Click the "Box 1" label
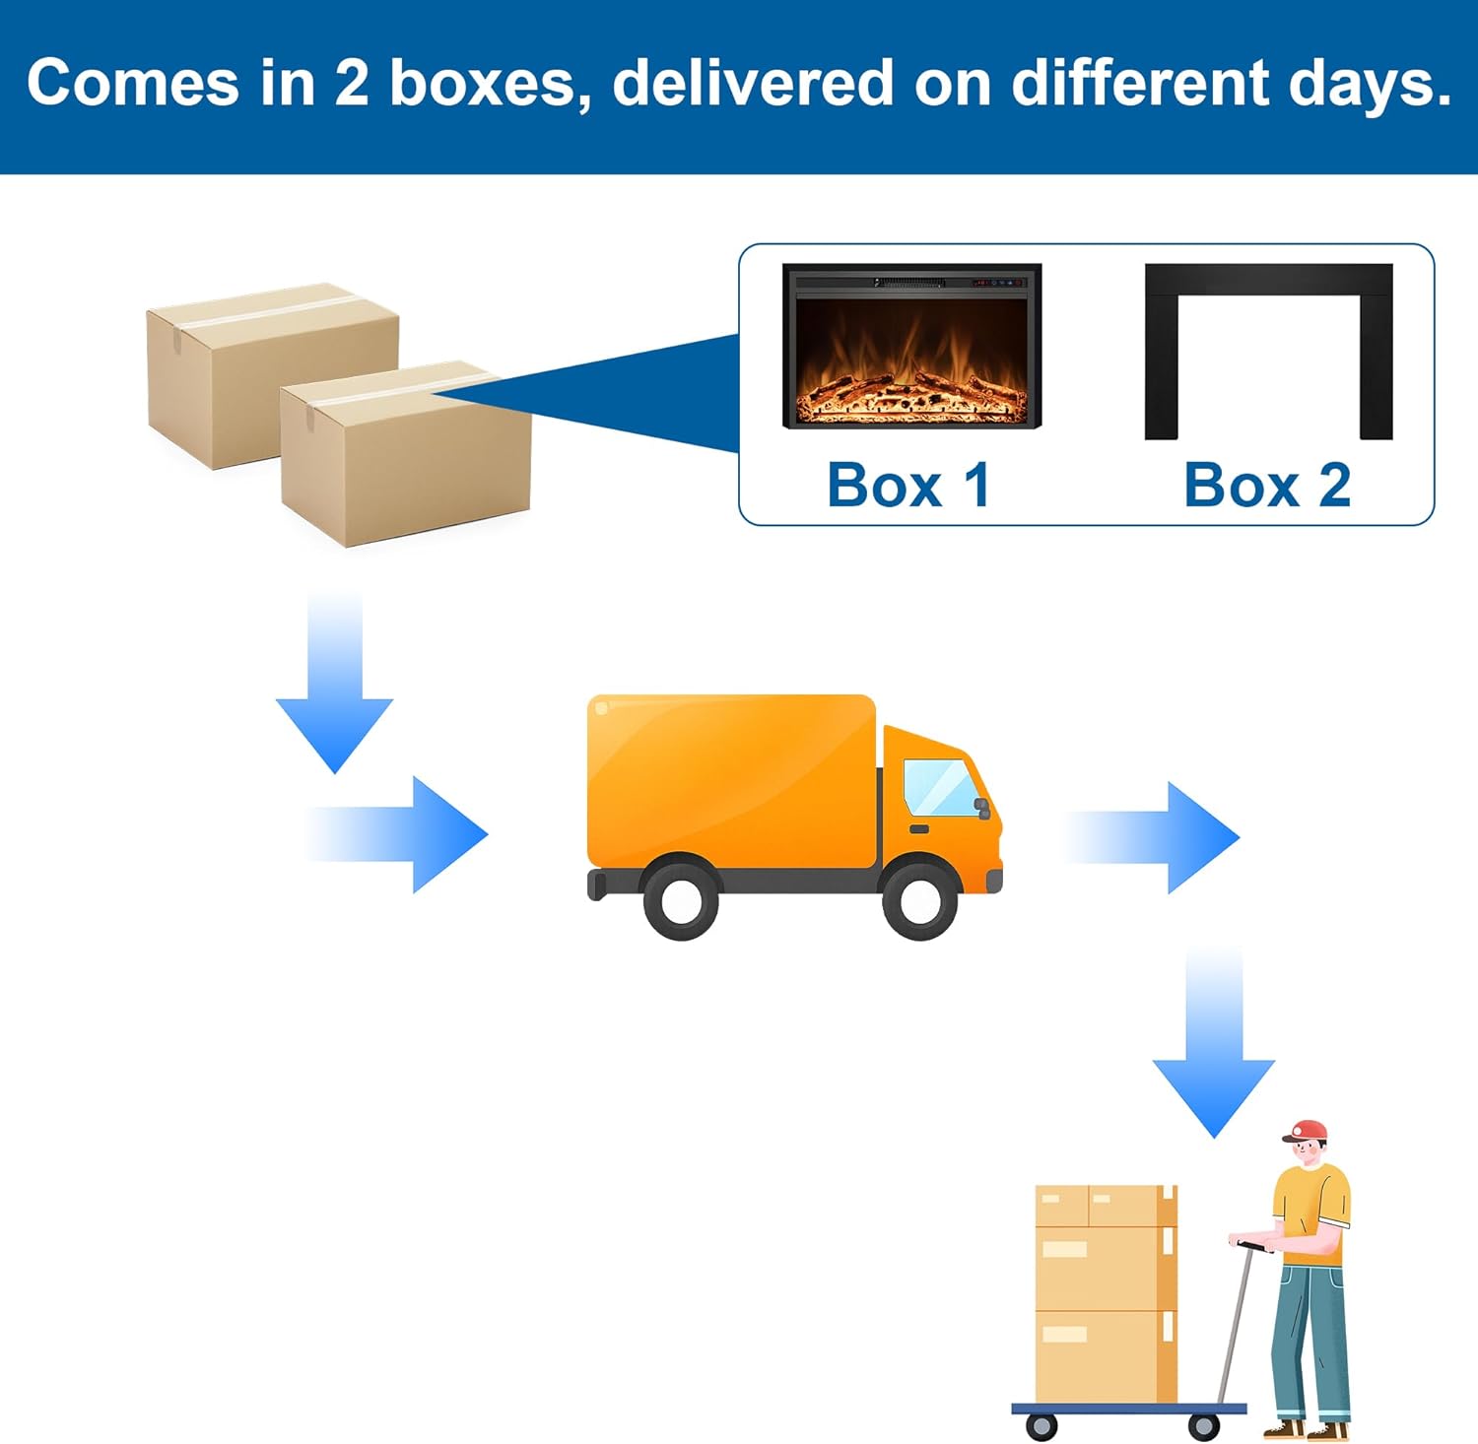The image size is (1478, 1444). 908,485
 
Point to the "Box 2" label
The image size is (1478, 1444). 1267,485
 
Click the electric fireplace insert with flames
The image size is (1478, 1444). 911,346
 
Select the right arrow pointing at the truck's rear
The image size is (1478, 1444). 399,834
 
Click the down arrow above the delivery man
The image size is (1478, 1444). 1214,1044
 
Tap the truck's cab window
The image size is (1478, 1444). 939,787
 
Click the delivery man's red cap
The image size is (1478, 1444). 1307,1131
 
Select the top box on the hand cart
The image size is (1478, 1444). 1106,1206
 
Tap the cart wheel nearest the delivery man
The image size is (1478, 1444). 1203,1425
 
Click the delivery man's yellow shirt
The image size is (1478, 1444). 1312,1207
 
